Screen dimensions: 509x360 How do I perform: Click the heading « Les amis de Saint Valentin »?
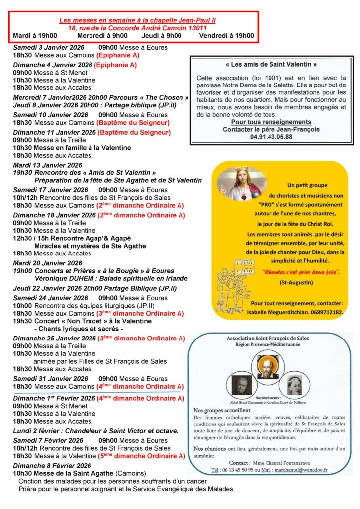tap(270, 64)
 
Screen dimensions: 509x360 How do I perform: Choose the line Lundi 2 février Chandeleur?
tap(95, 431)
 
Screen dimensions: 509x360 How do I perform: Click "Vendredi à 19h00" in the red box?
tap(226, 35)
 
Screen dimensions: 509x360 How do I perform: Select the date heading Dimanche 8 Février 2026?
tap(52, 465)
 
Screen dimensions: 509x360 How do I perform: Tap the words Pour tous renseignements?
tap(271, 122)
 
